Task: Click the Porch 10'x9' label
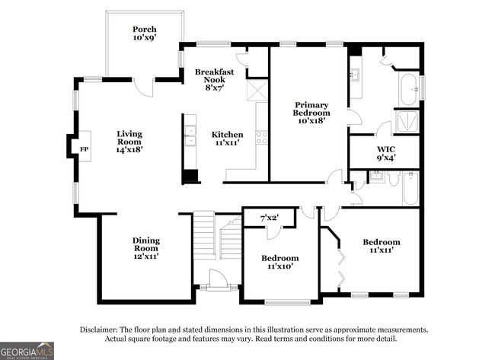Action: click(145, 33)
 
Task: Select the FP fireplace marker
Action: click(84, 148)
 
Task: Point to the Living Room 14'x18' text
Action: click(129, 142)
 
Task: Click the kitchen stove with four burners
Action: click(261, 138)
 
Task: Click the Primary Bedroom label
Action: click(311, 112)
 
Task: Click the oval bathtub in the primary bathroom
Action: click(410, 89)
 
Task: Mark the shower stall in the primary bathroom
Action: click(408, 122)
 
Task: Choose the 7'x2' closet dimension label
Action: click(269, 218)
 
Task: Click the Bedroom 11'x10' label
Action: click(279, 263)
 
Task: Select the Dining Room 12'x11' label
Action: click(145, 247)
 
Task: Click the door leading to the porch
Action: click(144, 85)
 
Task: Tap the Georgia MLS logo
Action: click(27, 350)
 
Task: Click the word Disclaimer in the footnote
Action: click(100, 330)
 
